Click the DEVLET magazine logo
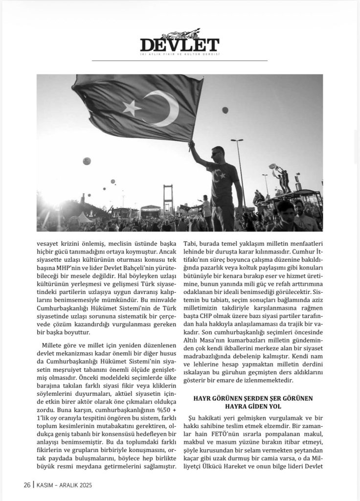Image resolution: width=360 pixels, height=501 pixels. pos(180,44)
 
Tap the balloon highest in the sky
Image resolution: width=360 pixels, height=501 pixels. pos(225,110)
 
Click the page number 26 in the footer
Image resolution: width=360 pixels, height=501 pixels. pos(27,485)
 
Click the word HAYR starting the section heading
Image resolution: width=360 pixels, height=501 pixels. pos(204,398)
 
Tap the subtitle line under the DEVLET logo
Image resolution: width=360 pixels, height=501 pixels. pos(180,54)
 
